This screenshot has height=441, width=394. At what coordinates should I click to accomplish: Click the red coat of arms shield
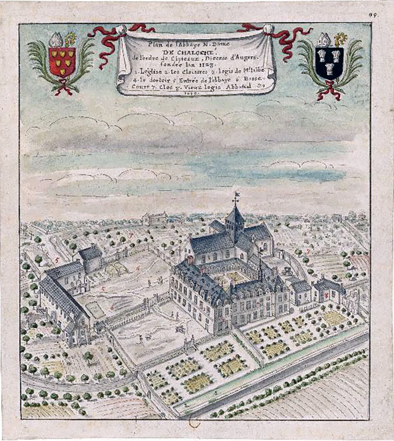[x=62, y=62]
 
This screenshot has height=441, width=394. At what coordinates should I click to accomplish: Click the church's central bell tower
[x=235, y=220]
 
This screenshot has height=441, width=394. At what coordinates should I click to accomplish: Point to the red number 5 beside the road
[x=57, y=260]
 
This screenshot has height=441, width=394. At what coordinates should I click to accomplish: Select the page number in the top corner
[x=372, y=15]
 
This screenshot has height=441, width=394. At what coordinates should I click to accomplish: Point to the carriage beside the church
[x=287, y=270]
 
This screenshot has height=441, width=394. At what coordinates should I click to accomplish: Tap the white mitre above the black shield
[x=324, y=41]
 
